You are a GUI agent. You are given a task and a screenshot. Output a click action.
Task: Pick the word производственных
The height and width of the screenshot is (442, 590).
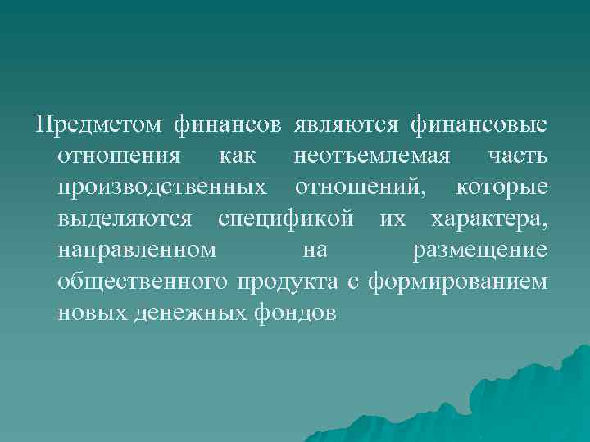(162, 187)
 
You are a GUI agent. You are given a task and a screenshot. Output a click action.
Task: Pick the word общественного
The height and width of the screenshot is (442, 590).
(143, 282)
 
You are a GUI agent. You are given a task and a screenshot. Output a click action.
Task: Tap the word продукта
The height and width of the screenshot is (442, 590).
(287, 282)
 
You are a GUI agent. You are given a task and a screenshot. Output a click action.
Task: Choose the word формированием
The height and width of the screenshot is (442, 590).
(459, 282)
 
